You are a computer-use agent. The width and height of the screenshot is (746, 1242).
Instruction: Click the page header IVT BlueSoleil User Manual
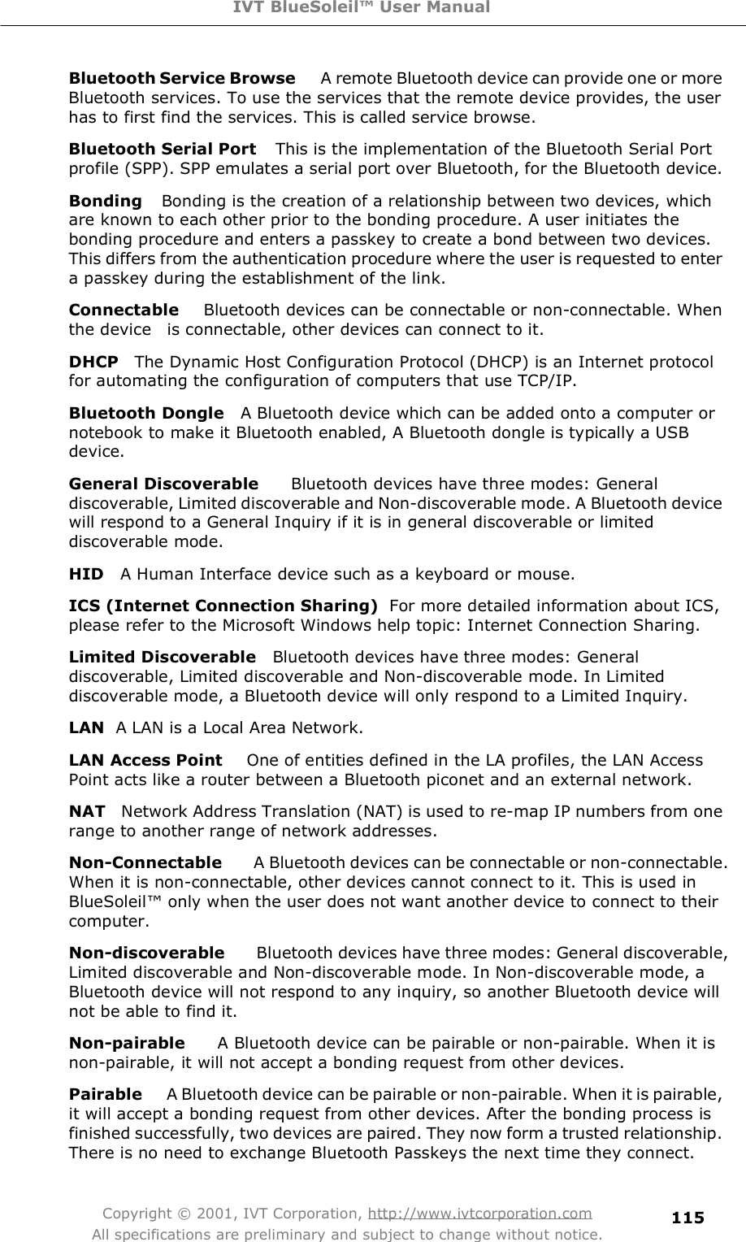373,8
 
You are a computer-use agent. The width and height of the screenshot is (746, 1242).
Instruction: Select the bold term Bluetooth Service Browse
182,79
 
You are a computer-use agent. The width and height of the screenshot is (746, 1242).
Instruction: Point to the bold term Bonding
106,200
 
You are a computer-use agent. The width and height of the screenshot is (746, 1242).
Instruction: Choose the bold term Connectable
124,310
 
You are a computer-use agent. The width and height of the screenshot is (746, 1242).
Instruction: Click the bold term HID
86,575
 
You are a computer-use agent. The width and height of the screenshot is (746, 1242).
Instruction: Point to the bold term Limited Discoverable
162,656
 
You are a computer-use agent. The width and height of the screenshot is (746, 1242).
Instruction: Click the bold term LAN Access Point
145,761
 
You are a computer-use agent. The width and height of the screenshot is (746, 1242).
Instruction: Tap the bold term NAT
87,811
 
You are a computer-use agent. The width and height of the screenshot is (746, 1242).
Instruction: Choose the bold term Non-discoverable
146,952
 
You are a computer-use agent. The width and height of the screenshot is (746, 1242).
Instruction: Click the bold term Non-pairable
127,1043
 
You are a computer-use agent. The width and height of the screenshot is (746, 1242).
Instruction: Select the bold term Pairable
106,1094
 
